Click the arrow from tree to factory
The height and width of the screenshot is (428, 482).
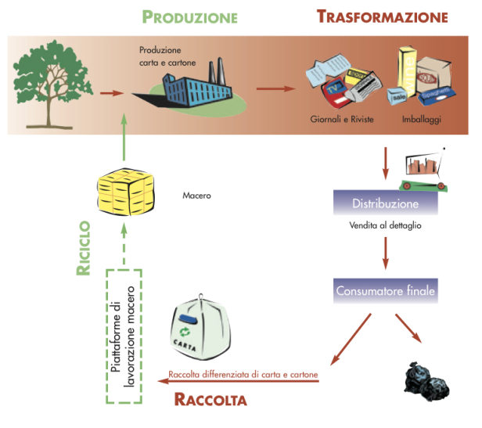[112, 93]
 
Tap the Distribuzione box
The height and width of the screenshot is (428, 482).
[386, 203]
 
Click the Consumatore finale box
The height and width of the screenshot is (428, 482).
[386, 292]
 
